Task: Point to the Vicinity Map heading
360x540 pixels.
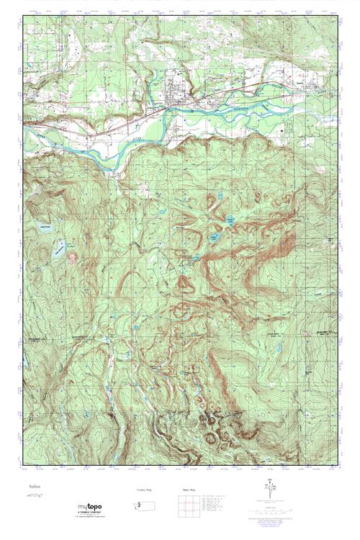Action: point(145,490)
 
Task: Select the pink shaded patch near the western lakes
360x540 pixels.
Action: point(71,254)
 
